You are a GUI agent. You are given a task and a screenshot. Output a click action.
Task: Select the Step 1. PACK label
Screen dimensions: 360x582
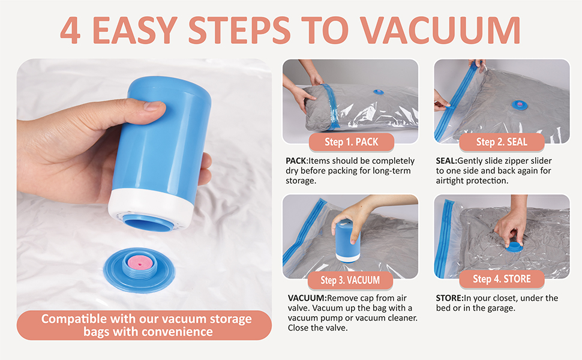[352, 142]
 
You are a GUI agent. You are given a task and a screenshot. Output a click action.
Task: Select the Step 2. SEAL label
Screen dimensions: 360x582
[502, 142]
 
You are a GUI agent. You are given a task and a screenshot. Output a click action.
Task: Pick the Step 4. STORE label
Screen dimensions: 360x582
[502, 279]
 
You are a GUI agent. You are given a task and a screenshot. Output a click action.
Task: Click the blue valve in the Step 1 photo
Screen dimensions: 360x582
[379, 92]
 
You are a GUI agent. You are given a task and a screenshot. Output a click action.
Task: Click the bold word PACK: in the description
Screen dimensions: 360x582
[298, 161]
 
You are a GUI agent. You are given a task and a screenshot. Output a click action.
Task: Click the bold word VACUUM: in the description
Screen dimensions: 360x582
[307, 298]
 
